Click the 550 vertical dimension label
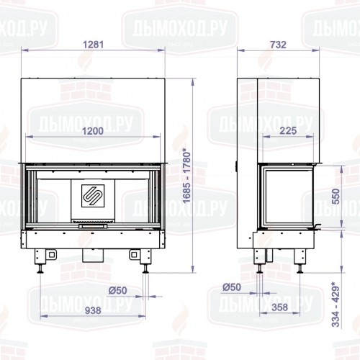[333, 197]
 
